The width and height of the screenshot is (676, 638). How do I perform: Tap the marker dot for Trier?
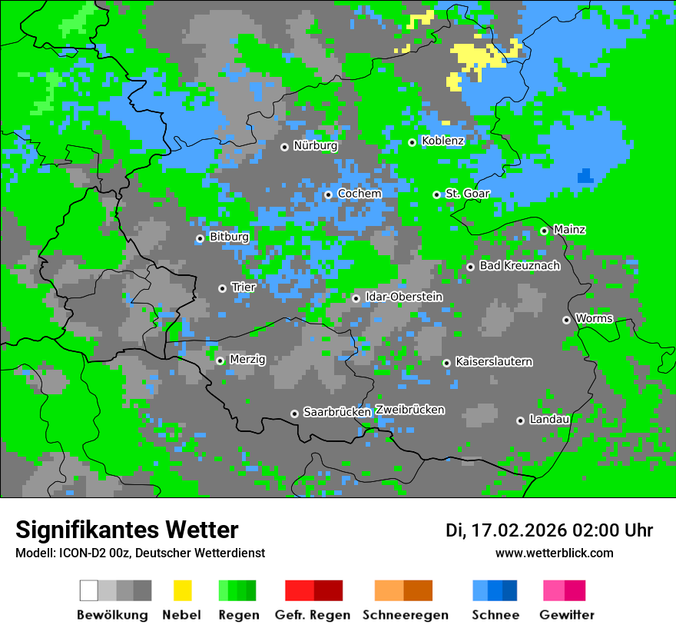tap(223, 288)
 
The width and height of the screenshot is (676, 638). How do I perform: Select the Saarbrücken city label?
tap(337, 413)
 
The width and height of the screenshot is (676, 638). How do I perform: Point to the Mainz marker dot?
tap(545, 231)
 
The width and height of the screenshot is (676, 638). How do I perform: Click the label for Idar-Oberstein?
tap(404, 297)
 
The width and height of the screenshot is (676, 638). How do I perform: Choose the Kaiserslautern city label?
tap(494, 362)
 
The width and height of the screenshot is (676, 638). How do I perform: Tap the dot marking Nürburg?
tap(285, 147)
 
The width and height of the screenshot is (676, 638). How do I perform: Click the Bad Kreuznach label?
tap(519, 266)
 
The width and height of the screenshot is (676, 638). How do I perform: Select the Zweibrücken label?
tap(410, 410)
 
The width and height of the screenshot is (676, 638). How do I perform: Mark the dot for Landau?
tap(521, 420)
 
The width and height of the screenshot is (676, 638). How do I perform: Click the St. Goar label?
tap(467, 194)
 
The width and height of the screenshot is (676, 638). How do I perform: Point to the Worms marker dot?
tap(567, 320)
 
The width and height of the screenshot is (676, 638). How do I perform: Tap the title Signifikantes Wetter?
tap(127, 530)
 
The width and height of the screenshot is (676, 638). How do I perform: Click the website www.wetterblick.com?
tap(555, 553)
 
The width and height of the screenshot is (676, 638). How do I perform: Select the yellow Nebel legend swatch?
tap(182, 590)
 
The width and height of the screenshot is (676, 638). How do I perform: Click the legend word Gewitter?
tap(567, 615)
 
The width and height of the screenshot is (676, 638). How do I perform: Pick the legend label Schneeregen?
tap(406, 615)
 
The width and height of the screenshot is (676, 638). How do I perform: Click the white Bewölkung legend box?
tap(89, 590)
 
